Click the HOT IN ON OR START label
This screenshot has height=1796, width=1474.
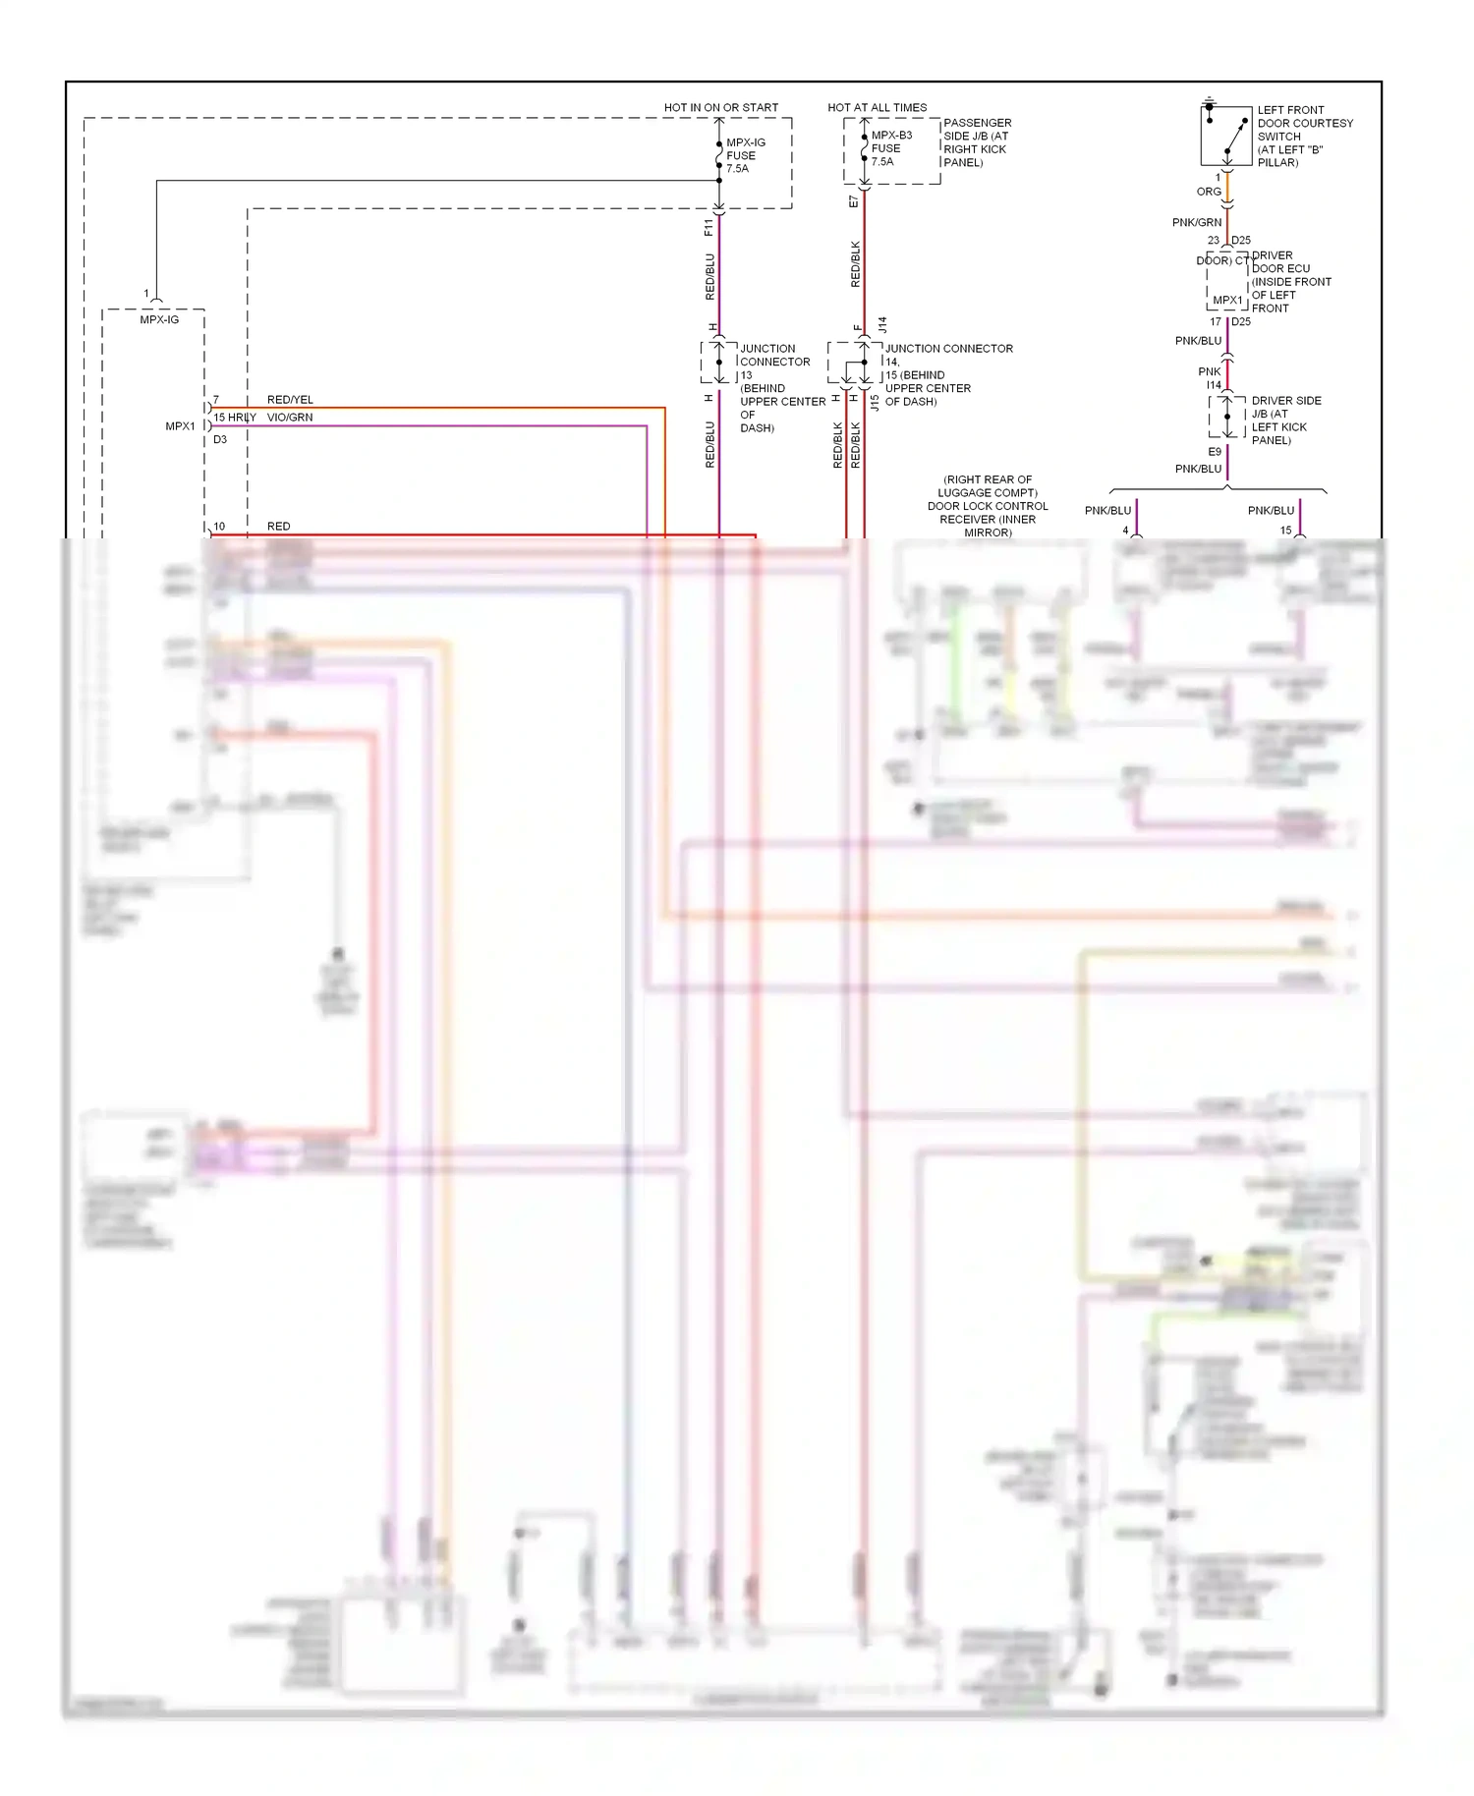pyautogui.click(x=720, y=107)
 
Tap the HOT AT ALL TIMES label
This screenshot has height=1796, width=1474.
pyautogui.click(x=877, y=107)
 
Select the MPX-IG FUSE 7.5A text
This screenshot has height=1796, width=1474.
pyautogui.click(x=745, y=155)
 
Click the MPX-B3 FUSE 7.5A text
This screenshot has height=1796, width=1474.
pyautogui.click(x=890, y=148)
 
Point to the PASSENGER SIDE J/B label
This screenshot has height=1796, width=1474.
pyautogui.click(x=977, y=142)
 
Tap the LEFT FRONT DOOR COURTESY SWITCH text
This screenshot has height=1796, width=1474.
pyautogui.click(x=1304, y=136)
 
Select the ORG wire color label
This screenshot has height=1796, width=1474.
pyautogui.click(x=1209, y=192)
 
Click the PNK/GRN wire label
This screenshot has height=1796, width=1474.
pyautogui.click(x=1196, y=222)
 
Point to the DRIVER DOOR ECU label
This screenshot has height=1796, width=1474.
pyautogui.click(x=1290, y=281)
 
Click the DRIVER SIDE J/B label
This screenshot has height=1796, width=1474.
pyautogui.click(x=1285, y=420)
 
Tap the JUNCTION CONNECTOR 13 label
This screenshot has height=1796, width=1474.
pyautogui.click(x=781, y=387)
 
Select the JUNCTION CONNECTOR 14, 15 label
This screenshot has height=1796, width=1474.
pyautogui.click(x=947, y=374)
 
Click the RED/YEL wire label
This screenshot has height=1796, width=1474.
pyautogui.click(x=290, y=400)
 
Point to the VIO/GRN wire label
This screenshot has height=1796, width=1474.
pyautogui.click(x=290, y=418)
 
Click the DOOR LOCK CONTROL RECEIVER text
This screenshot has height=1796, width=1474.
pyautogui.click(x=988, y=506)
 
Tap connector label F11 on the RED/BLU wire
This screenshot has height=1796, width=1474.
pyautogui.click(x=709, y=228)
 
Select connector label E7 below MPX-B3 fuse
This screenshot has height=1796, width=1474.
pyautogui.click(x=853, y=201)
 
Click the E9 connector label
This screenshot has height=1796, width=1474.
pyautogui.click(x=1215, y=452)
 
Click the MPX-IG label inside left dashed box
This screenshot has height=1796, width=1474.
pyautogui.click(x=159, y=319)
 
